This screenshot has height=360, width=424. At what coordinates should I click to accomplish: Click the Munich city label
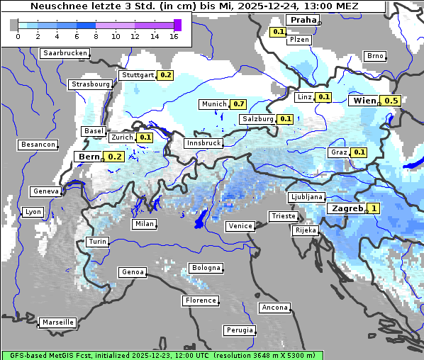214,104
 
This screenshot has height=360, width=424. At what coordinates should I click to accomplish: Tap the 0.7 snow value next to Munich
239,104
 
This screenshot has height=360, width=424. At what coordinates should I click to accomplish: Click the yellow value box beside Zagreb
374,209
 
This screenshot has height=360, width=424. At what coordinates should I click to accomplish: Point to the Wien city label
364,101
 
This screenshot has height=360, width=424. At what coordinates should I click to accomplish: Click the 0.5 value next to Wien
391,101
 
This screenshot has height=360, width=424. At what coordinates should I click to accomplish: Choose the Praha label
303,20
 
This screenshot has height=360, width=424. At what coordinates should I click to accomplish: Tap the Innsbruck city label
203,143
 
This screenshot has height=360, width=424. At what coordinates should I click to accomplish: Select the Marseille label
57,322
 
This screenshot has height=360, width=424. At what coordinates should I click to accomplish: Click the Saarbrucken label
65,53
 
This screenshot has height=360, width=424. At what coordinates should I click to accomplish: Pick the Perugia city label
240,330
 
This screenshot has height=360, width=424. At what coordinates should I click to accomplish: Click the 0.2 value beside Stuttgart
165,75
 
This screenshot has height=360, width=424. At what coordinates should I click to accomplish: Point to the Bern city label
89,157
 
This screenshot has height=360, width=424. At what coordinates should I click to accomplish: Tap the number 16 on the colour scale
174,37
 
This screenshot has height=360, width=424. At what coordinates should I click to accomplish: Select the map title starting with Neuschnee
194,6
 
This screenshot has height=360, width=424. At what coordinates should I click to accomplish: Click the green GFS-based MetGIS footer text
162,355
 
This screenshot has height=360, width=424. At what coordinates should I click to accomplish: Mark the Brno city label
374,56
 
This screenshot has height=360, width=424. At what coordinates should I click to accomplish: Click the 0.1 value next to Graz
359,152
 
